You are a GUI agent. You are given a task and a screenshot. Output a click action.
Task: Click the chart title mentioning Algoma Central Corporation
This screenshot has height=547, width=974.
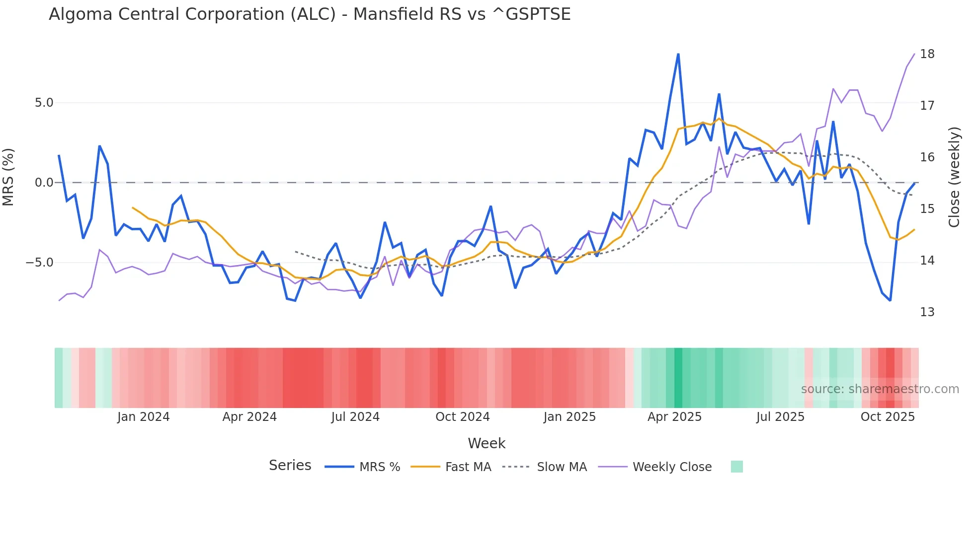(309, 14)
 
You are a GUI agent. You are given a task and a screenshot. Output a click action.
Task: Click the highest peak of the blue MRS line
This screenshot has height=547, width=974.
(678, 54)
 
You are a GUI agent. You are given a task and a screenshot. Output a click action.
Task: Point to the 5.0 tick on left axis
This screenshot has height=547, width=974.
(44, 103)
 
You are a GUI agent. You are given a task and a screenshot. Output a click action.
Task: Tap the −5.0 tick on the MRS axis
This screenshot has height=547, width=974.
(40, 262)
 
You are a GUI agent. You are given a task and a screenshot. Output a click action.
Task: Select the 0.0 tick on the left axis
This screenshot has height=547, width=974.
(44, 183)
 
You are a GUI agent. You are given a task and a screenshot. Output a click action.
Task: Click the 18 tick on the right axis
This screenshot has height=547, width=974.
(927, 54)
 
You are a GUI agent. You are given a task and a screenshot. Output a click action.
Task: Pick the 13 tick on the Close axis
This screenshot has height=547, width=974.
(927, 312)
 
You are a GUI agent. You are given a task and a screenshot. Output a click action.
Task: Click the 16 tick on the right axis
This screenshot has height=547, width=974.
(927, 157)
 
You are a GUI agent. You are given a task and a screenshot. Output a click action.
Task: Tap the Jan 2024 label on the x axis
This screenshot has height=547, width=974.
(143, 417)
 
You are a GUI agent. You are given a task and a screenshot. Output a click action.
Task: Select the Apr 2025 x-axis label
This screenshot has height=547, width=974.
(674, 417)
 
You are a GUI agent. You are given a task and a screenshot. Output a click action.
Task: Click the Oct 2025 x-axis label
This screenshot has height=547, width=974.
(888, 417)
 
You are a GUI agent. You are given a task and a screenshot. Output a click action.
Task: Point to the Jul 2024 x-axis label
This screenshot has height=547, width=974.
(355, 417)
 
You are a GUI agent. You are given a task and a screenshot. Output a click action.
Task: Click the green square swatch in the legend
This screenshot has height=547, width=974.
(736, 467)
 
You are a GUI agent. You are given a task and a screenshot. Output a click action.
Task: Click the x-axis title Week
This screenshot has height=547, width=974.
(487, 443)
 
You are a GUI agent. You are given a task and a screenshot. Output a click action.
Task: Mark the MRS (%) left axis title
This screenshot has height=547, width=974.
(8, 177)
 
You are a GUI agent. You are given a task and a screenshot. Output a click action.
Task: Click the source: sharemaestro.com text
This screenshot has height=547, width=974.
(880, 389)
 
